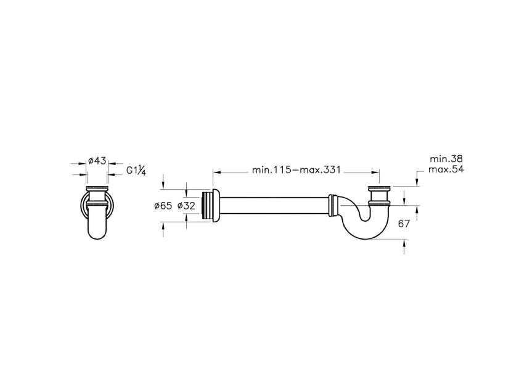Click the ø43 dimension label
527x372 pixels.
click(x=97, y=161)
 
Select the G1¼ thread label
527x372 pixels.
click(x=136, y=171)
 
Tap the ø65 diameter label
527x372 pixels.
click(x=163, y=206)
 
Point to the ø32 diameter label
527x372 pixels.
click(x=186, y=206)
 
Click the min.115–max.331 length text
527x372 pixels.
click(x=296, y=170)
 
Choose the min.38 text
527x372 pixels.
click(x=446, y=159)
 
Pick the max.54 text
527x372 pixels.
click(x=446, y=169)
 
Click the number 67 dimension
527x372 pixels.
click(x=404, y=224)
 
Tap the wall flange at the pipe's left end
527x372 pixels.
click(x=216, y=206)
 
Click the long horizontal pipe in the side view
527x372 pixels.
click(x=274, y=206)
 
